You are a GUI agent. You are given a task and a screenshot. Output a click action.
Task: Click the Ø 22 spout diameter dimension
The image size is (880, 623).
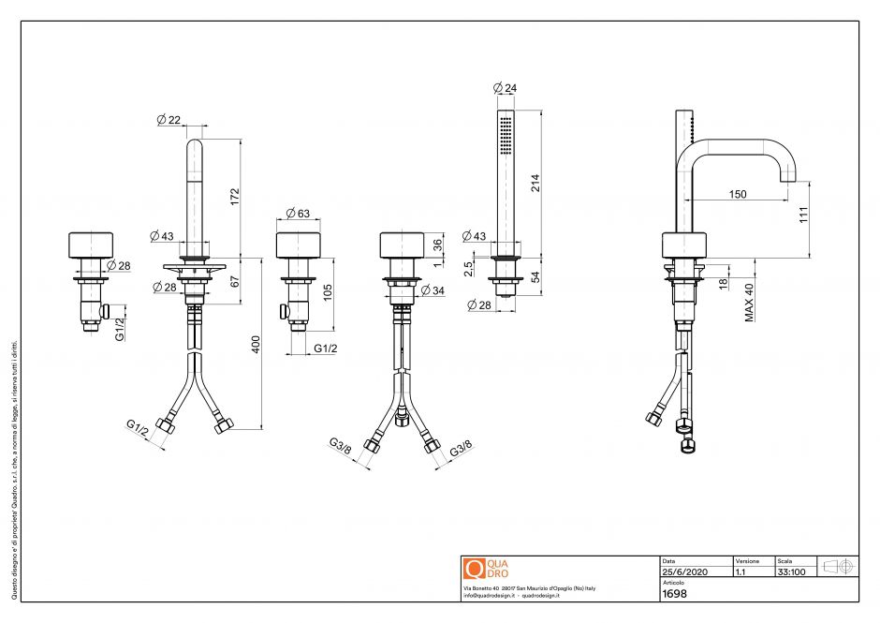(x=169, y=119)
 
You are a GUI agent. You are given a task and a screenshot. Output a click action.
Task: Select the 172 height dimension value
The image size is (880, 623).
(x=236, y=197)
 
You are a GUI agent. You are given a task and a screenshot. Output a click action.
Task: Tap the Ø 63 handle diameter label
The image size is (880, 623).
(x=298, y=214)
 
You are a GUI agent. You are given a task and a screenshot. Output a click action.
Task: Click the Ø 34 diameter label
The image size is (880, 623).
(x=433, y=290)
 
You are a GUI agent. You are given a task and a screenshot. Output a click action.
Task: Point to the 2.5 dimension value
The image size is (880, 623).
(x=468, y=265)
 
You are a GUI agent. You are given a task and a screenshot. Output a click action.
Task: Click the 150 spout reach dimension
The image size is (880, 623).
(x=738, y=194)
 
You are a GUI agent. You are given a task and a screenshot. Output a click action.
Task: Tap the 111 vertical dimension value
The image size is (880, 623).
(x=803, y=217)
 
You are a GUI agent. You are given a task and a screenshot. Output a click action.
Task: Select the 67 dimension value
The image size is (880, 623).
(x=236, y=279)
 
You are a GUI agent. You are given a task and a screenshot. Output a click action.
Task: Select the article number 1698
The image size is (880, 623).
(x=674, y=593)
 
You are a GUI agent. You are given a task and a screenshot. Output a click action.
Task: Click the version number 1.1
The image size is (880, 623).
(x=741, y=571)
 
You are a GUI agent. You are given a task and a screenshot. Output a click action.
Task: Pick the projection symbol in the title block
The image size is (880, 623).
(x=837, y=567)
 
